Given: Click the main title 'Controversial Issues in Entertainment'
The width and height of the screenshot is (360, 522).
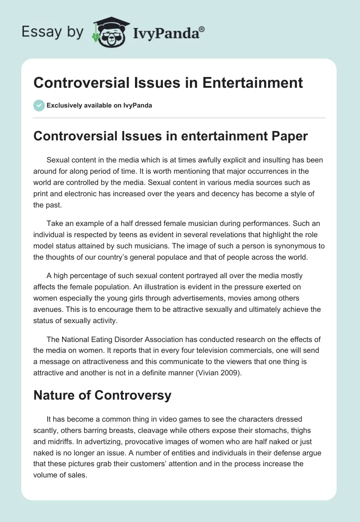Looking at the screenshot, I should click(168, 83).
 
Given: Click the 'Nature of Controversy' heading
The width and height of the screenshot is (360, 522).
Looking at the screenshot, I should click(102, 395).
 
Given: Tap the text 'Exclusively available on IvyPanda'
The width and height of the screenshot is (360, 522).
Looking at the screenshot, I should click(99, 106).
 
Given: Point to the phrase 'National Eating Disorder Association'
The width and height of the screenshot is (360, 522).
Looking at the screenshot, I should click(120, 339).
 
